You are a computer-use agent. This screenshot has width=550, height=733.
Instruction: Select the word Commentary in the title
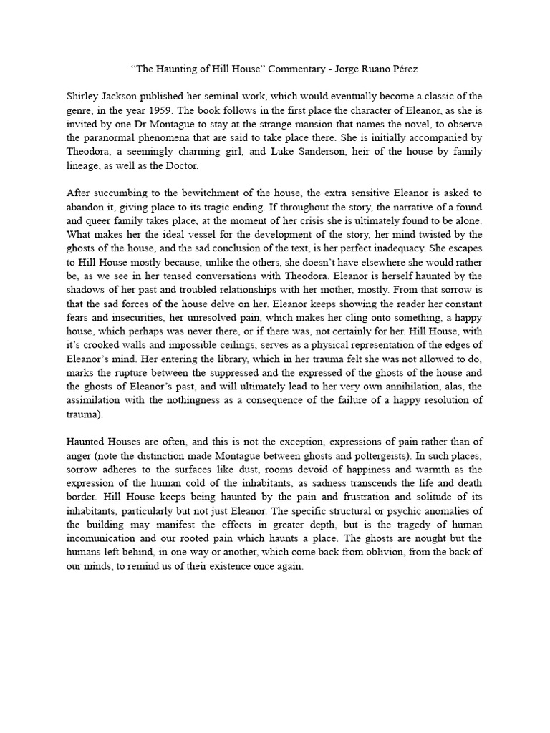(285, 69)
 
